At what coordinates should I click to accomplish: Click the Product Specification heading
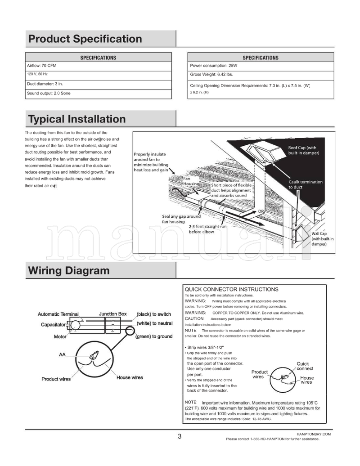tap(85, 39)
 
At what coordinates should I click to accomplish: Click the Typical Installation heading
tap(76, 119)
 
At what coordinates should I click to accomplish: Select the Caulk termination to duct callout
tap(305, 184)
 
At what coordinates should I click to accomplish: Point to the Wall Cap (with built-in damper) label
tap(323, 239)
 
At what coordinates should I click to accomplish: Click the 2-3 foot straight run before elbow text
tap(207, 229)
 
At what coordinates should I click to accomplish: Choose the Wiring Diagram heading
tap(68, 271)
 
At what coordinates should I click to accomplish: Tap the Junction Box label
tap(112, 314)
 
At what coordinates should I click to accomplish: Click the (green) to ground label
tap(154, 336)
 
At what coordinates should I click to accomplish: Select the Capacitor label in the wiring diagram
tap(53, 324)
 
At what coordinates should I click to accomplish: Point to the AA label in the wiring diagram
tap(62, 355)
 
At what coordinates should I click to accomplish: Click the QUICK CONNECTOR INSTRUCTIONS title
tap(232, 289)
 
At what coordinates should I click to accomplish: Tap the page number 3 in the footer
tap(180, 436)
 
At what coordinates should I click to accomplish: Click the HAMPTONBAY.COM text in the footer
tap(314, 435)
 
